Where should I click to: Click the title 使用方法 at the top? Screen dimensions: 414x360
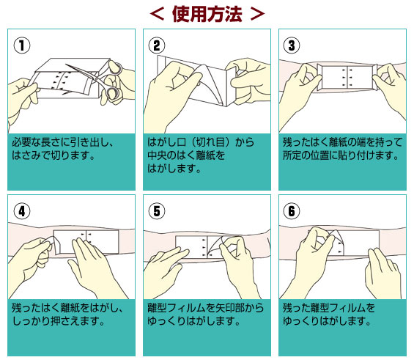point(207,14)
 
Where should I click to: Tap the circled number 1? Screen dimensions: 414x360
point(22,45)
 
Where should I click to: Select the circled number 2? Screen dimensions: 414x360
point(157,45)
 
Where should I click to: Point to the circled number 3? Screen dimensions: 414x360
point(292,45)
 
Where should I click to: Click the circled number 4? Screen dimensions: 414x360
point(22,211)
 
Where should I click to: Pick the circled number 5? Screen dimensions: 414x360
point(157,211)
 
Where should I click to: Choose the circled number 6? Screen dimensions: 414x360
point(292,211)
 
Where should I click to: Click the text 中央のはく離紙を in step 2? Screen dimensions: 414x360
point(186,155)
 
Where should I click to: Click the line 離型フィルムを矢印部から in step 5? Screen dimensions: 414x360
point(205,308)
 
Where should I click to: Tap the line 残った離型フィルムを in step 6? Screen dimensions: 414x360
point(329,308)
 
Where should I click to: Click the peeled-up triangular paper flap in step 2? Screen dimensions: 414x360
point(209,83)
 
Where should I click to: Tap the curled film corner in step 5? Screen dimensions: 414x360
point(215,246)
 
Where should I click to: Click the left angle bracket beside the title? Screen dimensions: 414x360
point(158,14)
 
